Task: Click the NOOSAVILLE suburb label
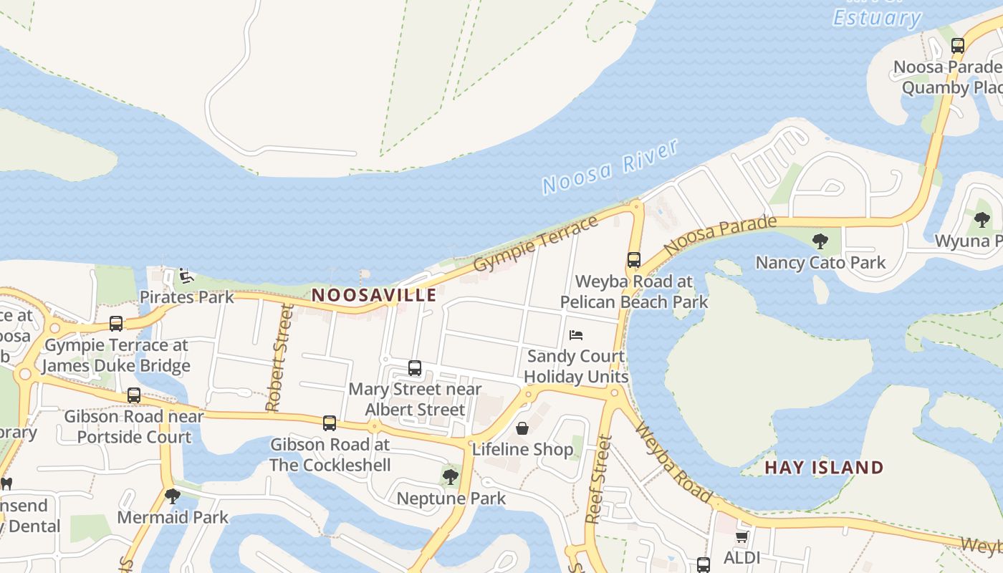374,295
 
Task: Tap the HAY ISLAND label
824,468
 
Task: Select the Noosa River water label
610,167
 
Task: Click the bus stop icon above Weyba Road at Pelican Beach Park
634,260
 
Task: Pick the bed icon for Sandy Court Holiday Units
576,335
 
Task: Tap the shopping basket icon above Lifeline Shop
522,428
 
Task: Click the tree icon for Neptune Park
451,476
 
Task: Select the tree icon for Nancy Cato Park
820,241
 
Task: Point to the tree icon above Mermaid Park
173,496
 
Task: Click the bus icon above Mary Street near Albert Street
415,368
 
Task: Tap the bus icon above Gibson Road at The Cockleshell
330,423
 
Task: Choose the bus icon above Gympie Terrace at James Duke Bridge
116,324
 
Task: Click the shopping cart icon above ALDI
742,536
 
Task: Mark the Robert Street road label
279,358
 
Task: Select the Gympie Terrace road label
536,244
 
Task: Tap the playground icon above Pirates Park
186,275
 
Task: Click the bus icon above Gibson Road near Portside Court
134,395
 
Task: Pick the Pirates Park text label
186,297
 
